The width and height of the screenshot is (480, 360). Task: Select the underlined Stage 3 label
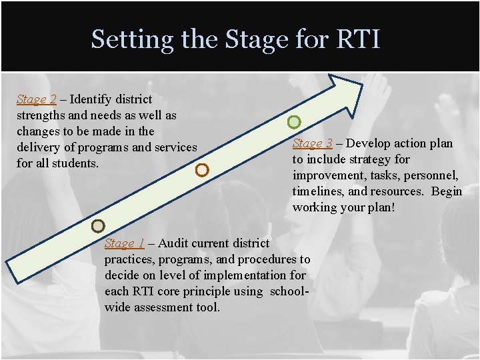point(312,143)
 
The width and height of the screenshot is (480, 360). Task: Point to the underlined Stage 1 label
point(124,243)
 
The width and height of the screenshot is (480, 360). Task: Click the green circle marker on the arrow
point(294,122)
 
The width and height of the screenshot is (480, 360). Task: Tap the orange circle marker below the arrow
point(203,170)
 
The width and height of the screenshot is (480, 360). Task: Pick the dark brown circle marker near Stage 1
point(98,226)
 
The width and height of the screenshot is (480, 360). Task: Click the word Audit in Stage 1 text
point(173,243)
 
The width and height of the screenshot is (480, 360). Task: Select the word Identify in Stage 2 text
point(91,99)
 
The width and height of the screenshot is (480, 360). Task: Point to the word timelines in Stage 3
point(317,191)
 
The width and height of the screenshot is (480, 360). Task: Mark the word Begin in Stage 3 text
point(446,191)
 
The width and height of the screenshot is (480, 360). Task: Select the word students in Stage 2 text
point(76,163)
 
